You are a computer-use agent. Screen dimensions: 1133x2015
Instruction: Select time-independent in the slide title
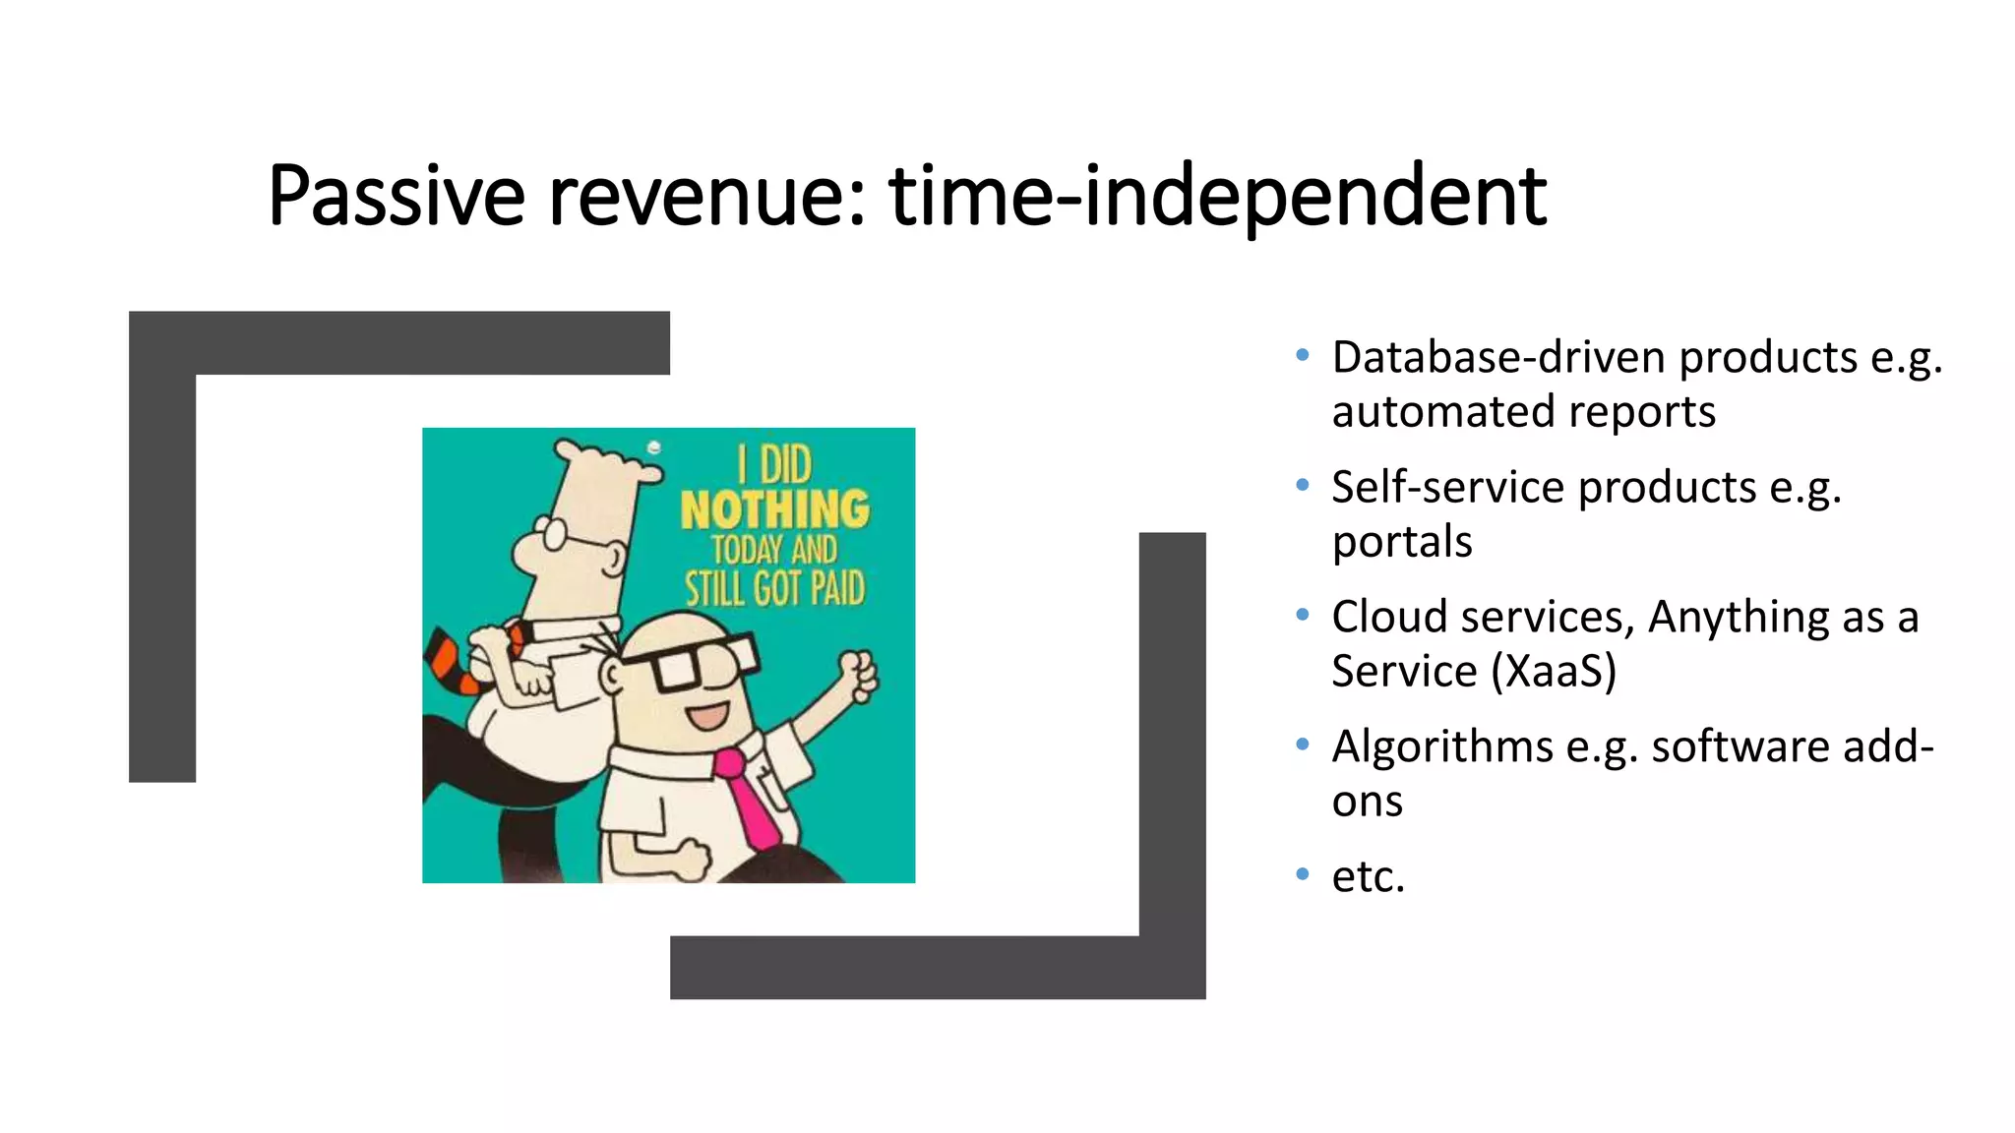1218,196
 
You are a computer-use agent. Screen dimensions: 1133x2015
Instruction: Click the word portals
1402,542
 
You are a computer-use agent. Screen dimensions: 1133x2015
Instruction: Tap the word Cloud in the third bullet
1389,617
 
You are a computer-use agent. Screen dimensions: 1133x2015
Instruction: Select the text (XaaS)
1554,672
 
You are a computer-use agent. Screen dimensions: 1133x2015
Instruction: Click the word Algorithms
1442,746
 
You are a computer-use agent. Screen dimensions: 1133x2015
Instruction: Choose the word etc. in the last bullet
1368,876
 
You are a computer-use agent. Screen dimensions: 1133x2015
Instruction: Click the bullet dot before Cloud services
1303,616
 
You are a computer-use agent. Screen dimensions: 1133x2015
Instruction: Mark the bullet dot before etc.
1303,874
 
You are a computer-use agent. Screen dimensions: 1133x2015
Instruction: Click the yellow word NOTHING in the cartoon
775,509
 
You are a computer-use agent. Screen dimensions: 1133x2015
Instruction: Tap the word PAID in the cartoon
837,589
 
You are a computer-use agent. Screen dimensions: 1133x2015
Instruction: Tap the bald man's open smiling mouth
707,714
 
